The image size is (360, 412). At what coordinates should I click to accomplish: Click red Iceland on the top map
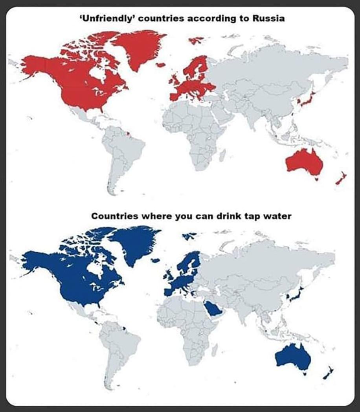(x=161, y=65)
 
